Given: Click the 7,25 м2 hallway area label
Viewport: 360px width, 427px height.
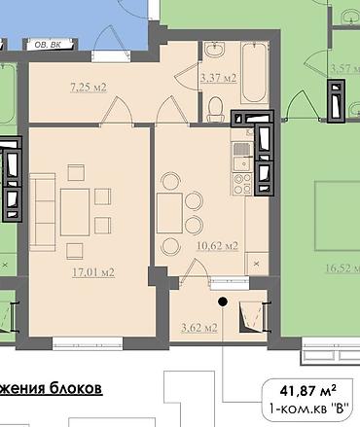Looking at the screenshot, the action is [89, 88].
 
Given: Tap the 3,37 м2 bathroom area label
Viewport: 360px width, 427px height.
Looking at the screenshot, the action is [218, 78].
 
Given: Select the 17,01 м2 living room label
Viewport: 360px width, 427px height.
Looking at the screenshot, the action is [93, 272].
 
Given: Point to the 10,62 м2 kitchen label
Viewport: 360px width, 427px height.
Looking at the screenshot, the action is [217, 246].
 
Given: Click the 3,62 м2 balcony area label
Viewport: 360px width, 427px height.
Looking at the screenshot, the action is [199, 328].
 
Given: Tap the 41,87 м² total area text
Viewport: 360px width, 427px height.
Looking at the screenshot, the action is [307, 391].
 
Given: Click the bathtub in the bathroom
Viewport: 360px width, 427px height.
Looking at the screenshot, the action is [255, 73].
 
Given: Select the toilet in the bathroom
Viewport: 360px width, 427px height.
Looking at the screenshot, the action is [215, 110].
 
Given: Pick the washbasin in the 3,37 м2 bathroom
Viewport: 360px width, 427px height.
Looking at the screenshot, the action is [214, 50].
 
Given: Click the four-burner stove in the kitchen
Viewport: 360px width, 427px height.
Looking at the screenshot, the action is [242, 184].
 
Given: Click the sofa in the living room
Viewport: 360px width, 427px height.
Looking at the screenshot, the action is [42, 212].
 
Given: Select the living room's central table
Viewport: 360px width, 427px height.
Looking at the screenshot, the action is [75, 213].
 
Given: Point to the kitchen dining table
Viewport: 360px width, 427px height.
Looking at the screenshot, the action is [169, 213].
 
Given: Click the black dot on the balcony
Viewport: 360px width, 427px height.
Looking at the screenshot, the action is [223, 302].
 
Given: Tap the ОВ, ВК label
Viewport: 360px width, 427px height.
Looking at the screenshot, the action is [48, 45].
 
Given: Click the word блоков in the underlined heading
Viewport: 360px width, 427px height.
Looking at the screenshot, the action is [76, 388].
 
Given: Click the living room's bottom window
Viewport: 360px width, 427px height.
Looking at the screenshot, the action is [88, 343].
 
